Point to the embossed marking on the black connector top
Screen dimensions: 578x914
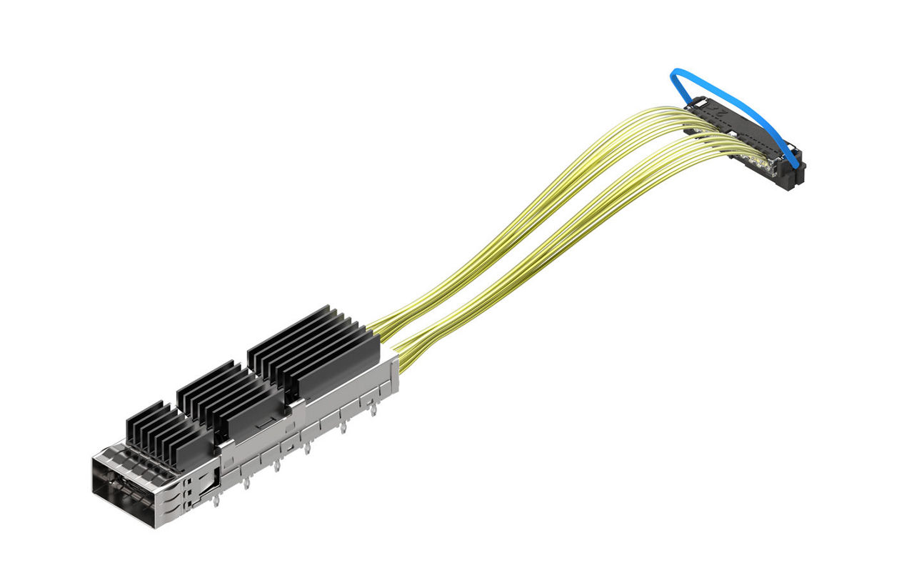point(721,114)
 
